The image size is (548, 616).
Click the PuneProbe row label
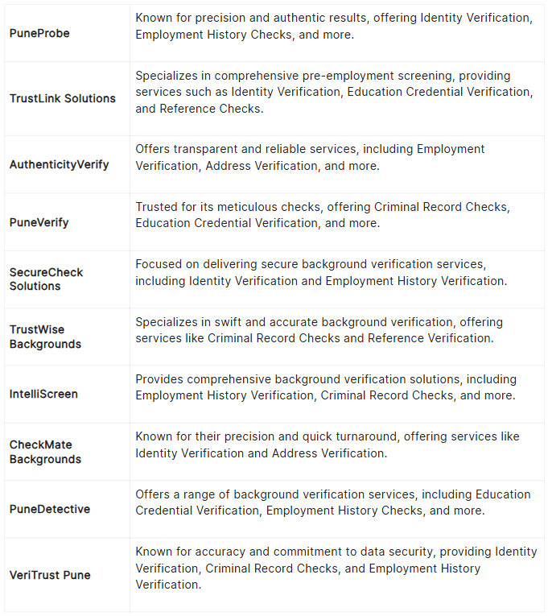(x=39, y=33)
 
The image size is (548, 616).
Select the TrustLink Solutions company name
(x=63, y=98)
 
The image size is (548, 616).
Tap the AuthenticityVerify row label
(x=60, y=164)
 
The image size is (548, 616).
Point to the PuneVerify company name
(x=39, y=222)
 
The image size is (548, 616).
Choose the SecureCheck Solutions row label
(x=46, y=279)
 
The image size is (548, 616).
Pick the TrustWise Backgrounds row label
(x=45, y=337)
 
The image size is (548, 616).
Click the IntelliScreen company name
(x=43, y=395)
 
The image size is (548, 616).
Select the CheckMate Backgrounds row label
(x=45, y=452)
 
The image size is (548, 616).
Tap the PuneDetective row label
(x=50, y=510)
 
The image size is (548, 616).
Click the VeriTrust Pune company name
(x=50, y=575)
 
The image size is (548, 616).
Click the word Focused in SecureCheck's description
(x=159, y=264)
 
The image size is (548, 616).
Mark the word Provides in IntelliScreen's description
(x=159, y=379)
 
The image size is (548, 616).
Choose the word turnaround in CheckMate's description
(x=361, y=436)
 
